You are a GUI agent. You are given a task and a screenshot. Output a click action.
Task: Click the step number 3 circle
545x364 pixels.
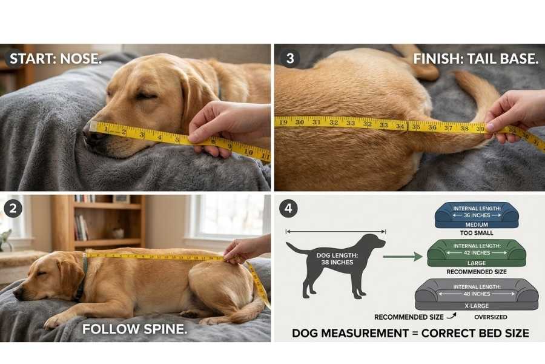(290, 58)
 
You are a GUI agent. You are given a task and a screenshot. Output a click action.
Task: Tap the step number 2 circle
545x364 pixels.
(13, 208)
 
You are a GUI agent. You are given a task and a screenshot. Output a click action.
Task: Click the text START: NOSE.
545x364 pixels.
(56, 59)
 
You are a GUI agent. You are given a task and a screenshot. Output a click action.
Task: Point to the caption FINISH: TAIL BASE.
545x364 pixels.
(475, 59)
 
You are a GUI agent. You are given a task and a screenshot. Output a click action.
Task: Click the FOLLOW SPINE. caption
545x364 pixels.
(134, 329)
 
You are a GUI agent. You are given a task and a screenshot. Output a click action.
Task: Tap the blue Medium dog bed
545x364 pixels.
(477, 215)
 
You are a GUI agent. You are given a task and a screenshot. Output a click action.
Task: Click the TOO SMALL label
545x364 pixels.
(476, 233)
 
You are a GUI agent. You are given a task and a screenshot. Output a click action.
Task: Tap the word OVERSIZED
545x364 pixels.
(491, 317)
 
